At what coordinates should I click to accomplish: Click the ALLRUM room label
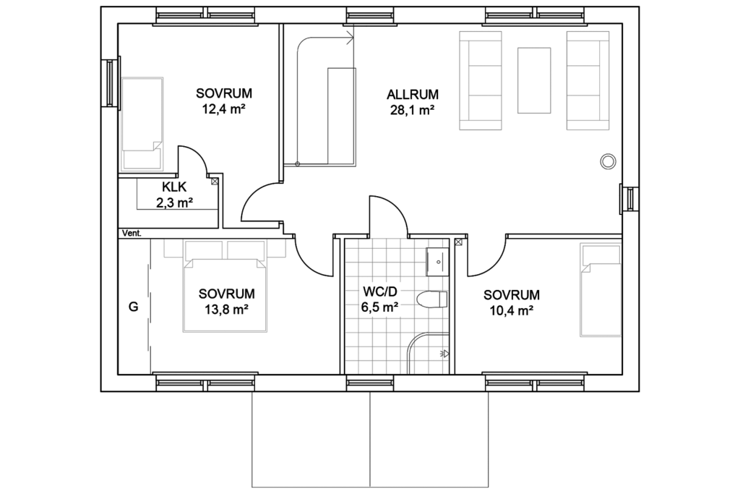413,95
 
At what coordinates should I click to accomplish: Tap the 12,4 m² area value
224,109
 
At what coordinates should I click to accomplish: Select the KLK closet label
174,187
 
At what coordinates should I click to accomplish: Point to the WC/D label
379,291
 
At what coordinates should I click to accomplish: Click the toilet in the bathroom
432,299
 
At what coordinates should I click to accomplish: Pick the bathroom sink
437,262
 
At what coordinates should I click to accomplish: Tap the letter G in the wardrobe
134,307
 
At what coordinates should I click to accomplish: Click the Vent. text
132,234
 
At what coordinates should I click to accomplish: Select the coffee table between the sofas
534,80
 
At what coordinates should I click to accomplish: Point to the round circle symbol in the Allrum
608,161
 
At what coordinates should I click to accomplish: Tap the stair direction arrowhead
350,38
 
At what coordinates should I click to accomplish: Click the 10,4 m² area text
512,311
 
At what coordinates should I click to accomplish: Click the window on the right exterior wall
629,199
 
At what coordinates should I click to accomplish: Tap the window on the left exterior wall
111,82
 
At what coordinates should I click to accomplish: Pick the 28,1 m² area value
412,111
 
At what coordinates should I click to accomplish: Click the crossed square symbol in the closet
215,181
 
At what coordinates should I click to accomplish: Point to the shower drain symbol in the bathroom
444,353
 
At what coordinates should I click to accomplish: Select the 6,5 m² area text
379,307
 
